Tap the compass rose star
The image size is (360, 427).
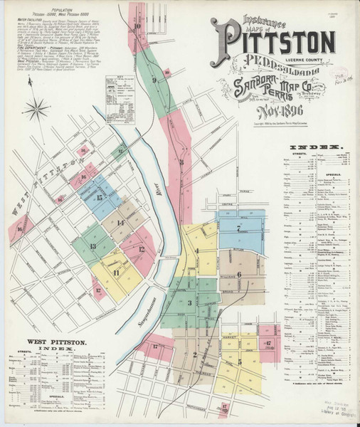pyautogui.click(x=36, y=109)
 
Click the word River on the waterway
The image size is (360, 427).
pyautogui.click(x=160, y=189)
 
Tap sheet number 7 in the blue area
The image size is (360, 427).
pyautogui.click(x=239, y=229)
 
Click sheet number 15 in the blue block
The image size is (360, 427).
pyautogui.click(x=100, y=197)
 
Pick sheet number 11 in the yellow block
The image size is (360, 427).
pyautogui.click(x=115, y=272)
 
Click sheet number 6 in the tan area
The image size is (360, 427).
pyautogui.click(x=239, y=274)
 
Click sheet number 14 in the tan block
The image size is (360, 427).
pyautogui.click(x=120, y=223)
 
